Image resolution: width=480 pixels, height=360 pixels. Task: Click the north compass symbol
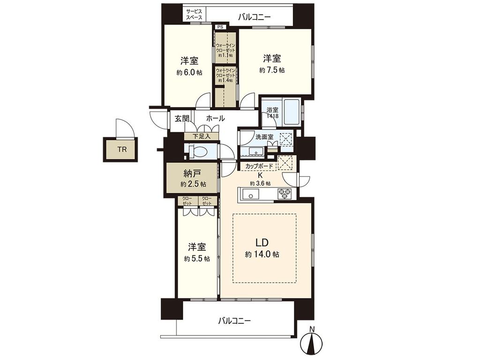pos(312,341)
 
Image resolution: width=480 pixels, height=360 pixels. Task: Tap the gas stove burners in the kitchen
pos(285,194)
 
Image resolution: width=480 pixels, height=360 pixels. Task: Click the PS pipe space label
pos(220,27)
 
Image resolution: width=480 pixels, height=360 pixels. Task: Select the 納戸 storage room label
pos(192,174)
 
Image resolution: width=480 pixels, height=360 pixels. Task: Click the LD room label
pos(262,243)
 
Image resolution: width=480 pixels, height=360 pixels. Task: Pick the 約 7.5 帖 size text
pos(272,70)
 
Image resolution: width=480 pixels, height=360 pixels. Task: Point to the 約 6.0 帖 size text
pos(189,73)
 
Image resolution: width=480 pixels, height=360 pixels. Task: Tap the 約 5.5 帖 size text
pos(197,259)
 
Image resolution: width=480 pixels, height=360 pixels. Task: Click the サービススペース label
pos(195,14)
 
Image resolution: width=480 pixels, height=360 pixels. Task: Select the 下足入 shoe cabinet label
pos(202,136)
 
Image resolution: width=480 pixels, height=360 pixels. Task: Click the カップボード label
pos(259,166)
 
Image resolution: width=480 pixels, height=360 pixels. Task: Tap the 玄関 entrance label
pos(182,119)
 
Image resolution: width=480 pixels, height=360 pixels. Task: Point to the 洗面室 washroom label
pos(264,137)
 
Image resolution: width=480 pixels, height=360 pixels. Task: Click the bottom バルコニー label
pos(234,321)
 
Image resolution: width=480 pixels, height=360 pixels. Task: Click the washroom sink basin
pos(254,151)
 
